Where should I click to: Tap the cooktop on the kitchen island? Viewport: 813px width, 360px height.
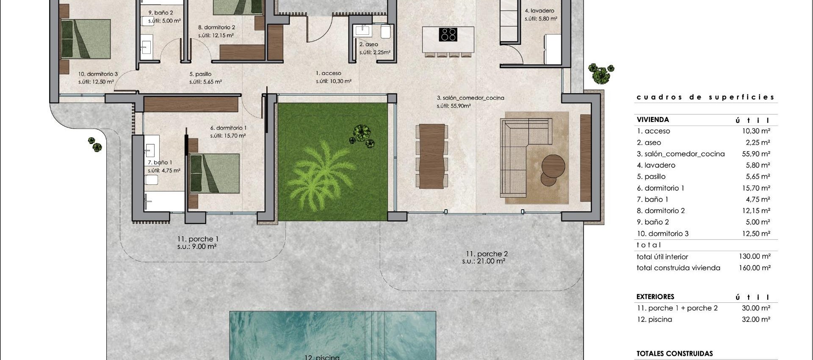(x=448, y=34)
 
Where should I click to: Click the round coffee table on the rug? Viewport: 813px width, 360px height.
(x=553, y=166)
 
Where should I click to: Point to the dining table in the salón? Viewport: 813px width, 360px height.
(x=431, y=156)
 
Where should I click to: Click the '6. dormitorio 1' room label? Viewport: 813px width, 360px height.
(x=228, y=128)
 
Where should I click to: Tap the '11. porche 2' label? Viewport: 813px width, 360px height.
(x=487, y=254)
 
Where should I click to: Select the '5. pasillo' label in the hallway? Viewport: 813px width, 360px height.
(x=200, y=74)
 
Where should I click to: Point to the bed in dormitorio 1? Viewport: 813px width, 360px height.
(x=214, y=174)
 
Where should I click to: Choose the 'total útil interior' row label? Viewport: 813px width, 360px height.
(x=662, y=257)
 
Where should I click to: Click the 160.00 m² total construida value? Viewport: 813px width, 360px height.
(x=755, y=268)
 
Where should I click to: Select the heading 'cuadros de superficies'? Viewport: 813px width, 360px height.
(x=705, y=97)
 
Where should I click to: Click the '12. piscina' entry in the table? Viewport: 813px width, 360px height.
(x=654, y=320)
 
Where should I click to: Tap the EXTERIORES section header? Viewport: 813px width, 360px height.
(x=655, y=297)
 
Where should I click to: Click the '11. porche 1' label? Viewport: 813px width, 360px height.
(x=198, y=239)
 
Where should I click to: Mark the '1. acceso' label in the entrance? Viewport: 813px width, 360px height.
(x=328, y=73)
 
